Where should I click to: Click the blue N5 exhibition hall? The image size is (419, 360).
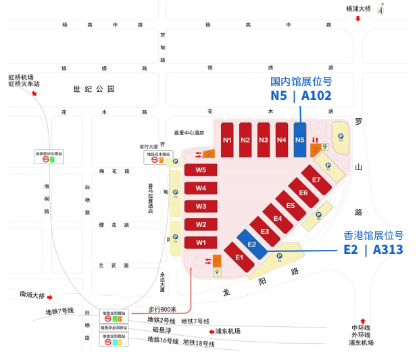pos(300,140)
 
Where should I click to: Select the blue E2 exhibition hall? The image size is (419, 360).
pos(251,244)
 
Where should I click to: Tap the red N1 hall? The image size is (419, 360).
pos(228,140)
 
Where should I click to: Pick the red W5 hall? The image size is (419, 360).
pos(201,170)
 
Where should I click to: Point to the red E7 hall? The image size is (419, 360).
pos(316,179)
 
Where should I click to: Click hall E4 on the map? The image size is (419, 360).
pos(277,218)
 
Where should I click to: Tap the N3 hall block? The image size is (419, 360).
pos(264,140)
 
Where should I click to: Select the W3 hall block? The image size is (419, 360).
pos(201,206)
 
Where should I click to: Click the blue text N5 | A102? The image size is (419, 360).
pos(301,96)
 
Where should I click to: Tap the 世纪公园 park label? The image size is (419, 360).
pos(95,88)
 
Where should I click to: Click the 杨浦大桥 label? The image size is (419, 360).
pos(359,9)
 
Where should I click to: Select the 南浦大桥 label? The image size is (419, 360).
pos(32,295)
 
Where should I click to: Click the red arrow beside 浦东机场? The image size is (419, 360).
pos(209,331)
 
